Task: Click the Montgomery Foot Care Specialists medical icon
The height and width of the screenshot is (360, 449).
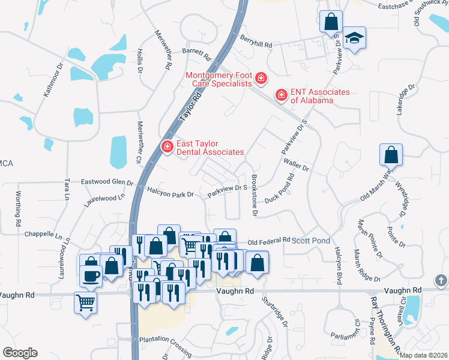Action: (x=261, y=79)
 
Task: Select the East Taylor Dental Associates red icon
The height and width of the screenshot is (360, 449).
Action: (x=166, y=146)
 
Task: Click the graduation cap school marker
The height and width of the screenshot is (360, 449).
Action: (x=355, y=38)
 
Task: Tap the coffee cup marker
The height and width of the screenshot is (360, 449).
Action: (x=91, y=276)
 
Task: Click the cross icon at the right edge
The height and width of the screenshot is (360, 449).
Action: (x=441, y=281)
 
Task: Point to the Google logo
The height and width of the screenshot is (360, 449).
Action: (x=20, y=353)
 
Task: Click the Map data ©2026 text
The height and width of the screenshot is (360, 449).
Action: (x=424, y=355)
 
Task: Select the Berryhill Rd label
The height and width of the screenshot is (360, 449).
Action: (x=256, y=45)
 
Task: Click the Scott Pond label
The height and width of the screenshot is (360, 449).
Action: (x=311, y=241)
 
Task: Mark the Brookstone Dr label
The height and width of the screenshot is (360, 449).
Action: (x=254, y=196)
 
